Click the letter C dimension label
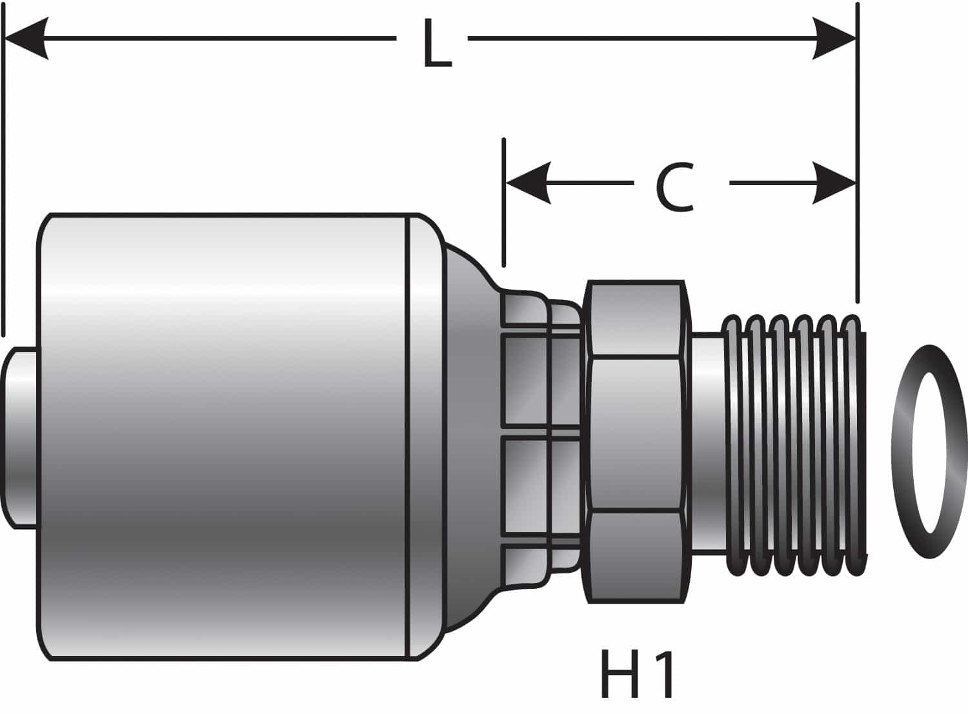675,188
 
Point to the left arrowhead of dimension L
26,39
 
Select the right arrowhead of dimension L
834,39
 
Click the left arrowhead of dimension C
528,183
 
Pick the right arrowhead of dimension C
834,183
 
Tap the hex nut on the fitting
636,441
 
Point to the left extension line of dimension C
503,203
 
